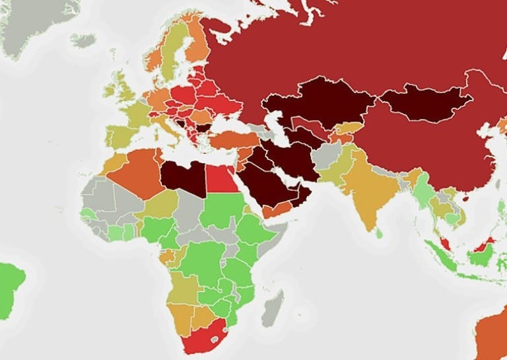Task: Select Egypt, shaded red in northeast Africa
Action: pos(223,177)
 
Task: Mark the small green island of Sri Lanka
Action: pos(379,233)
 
